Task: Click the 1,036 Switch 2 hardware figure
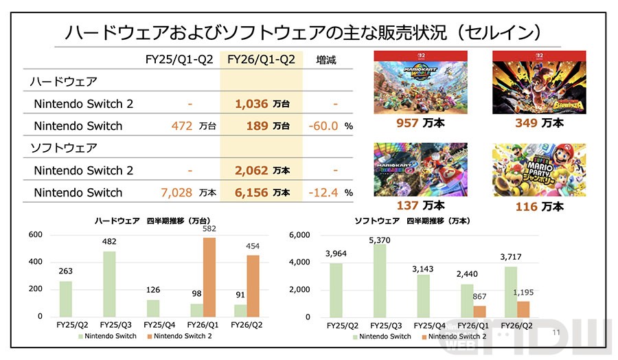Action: (x=251, y=104)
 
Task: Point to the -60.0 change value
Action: (x=323, y=126)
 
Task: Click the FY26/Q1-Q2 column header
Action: (x=260, y=60)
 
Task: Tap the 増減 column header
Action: (x=326, y=60)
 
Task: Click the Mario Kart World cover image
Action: (x=411, y=82)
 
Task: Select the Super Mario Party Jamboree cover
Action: (x=539, y=170)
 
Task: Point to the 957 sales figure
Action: (x=410, y=123)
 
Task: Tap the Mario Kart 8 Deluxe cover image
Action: (x=411, y=170)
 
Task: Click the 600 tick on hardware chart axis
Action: (x=35, y=235)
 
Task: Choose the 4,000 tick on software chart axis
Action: (x=301, y=262)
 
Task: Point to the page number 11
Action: (x=556, y=333)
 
